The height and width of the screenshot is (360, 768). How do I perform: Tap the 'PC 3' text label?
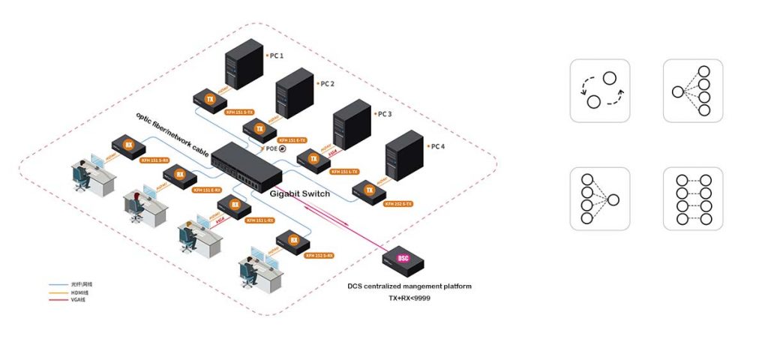[383, 115]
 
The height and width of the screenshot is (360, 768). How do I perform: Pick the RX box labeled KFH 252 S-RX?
[292, 241]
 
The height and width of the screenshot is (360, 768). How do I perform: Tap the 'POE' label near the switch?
[271, 148]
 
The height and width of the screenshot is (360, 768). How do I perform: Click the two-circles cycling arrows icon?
[600, 90]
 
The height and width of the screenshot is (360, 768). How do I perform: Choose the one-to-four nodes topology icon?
[692, 90]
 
